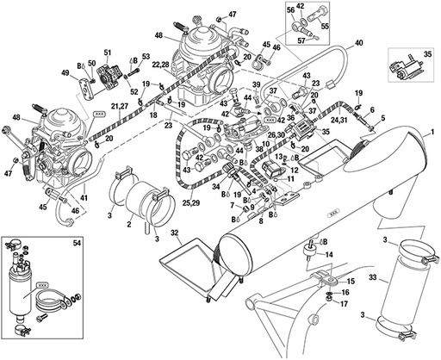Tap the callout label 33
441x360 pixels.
[x=372, y=278]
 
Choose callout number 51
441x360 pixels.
[x=108, y=53]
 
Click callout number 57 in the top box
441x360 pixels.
[x=301, y=39]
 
